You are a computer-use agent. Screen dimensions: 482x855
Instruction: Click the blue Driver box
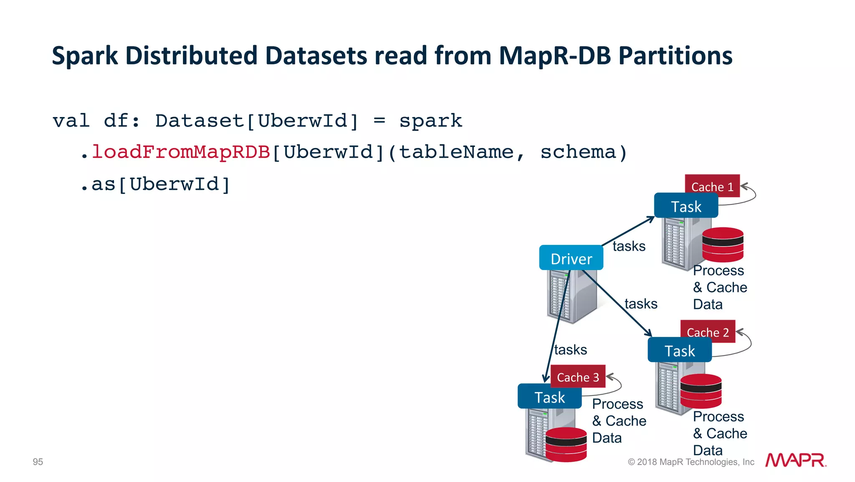coord(571,258)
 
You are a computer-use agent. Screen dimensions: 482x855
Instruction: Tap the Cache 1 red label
coord(712,186)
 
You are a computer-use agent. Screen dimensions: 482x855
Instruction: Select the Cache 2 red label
coord(708,332)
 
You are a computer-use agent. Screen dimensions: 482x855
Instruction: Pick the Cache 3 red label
coord(578,377)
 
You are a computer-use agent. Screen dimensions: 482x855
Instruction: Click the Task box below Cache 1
coord(686,206)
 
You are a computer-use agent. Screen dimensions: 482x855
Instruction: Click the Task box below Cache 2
coord(679,350)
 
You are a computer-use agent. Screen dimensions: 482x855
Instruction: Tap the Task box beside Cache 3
coord(549,397)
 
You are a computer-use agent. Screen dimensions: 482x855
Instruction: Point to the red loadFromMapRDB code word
coord(181,152)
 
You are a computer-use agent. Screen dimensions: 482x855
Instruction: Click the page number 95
coord(38,462)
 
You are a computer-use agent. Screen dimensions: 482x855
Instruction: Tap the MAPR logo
coord(795,460)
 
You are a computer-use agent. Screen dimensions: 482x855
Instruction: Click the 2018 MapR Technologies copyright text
coord(691,462)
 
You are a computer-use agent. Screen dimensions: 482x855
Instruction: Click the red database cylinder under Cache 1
coord(723,245)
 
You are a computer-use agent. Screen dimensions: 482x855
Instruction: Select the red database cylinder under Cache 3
coord(566,445)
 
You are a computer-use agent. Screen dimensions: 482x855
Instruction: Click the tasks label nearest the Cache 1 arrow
coord(629,246)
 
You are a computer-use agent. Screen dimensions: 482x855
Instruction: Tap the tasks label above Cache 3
coord(570,349)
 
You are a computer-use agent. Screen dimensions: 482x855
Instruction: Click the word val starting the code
coord(71,121)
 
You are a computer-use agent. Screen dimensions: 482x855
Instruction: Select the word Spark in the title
coord(85,56)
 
